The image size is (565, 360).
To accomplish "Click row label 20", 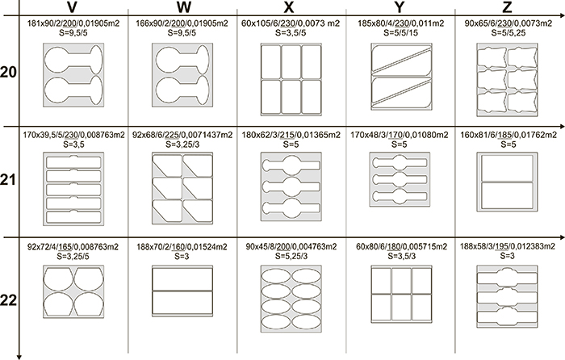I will click(10, 73).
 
